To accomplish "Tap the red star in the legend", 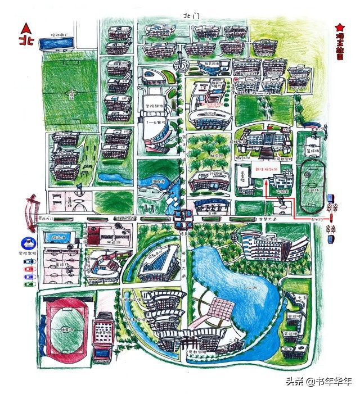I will pyautogui.click(x=339, y=26).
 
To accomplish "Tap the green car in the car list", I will pyautogui.click(x=26, y=283).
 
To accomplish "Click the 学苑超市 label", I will pyautogui.click(x=154, y=105).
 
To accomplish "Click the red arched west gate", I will pyautogui.click(x=29, y=210).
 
